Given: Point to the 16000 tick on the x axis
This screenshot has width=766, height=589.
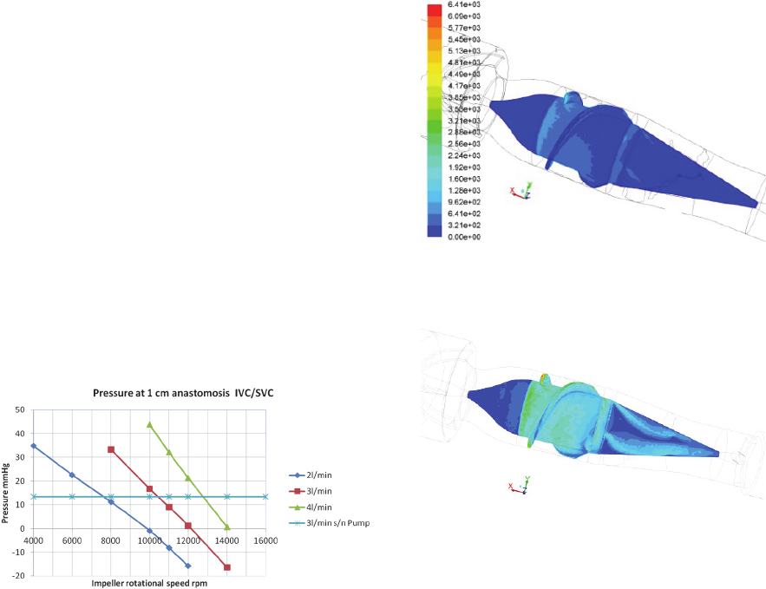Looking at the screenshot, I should tap(265, 540).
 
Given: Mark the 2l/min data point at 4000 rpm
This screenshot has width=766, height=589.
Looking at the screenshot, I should tap(34, 446).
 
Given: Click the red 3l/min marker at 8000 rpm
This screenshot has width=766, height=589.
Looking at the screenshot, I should tap(111, 449).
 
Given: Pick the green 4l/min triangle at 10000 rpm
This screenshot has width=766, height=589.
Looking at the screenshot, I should tap(150, 425).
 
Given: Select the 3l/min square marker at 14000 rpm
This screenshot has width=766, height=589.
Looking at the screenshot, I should tap(227, 567).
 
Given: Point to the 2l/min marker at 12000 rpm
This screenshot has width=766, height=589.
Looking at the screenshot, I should tap(188, 566).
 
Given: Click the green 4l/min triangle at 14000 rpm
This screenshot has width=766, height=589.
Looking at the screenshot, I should tap(227, 527).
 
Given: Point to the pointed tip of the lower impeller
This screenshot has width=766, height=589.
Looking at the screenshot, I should tap(718, 452).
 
